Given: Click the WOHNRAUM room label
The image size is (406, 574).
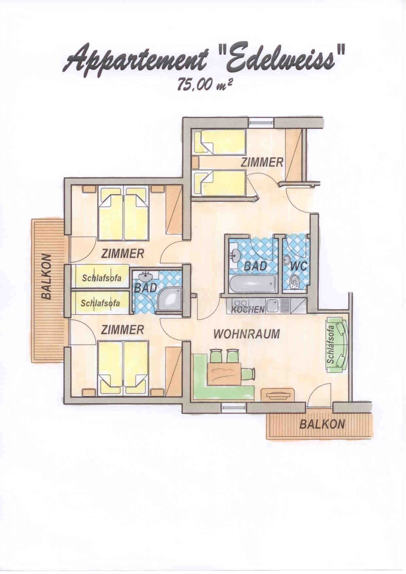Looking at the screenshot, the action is click(x=247, y=334).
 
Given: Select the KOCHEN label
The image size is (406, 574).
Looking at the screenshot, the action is click(x=248, y=309).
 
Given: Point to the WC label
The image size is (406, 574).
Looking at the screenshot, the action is click(x=299, y=266).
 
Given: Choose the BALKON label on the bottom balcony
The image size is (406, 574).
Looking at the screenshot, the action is click(x=322, y=425).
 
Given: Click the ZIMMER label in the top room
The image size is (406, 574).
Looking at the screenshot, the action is click(x=262, y=162).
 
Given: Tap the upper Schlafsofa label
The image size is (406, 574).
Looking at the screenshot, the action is click(x=102, y=278).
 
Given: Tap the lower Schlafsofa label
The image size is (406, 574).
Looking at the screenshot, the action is click(x=101, y=303).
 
